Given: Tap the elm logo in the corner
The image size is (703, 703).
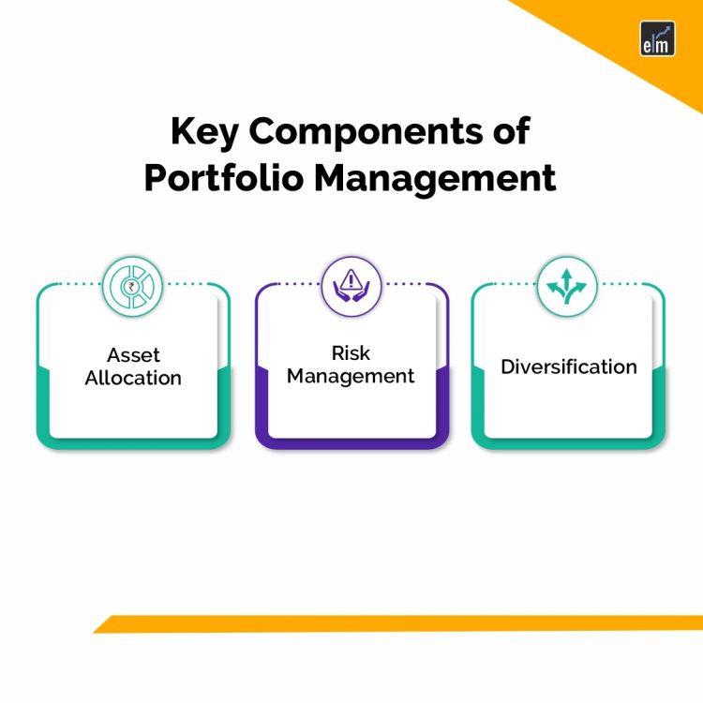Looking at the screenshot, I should point(657,38).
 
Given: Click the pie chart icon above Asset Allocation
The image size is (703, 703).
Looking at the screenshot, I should point(133,283).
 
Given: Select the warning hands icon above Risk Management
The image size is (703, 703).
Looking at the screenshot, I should point(351,283).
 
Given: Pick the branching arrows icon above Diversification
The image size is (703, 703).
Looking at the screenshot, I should point(568,283).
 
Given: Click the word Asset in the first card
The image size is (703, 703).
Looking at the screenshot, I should point(133,355).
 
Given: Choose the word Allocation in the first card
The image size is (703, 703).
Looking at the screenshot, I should point(133,378).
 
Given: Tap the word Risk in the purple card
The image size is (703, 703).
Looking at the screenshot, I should point(351,353).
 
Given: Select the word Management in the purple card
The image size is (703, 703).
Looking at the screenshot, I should point(351,376).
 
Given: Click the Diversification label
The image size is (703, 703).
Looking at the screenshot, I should point(568,366).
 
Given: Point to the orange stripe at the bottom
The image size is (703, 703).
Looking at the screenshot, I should point(394,623).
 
